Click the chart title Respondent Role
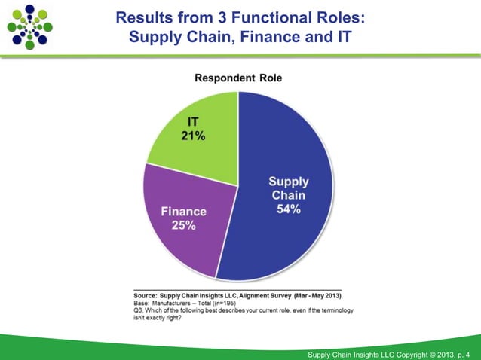(x=238, y=78)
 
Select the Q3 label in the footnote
(x=138, y=310)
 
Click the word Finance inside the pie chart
(x=184, y=212)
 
